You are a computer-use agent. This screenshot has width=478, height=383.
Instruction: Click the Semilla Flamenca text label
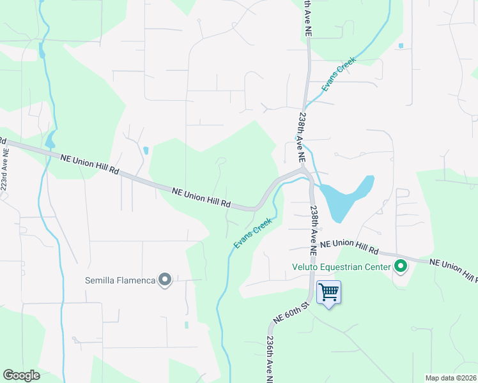coord(120,280)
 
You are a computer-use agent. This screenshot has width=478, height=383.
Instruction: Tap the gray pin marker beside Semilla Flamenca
coord(165,280)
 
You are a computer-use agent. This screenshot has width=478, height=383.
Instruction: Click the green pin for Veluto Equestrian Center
coord(401,266)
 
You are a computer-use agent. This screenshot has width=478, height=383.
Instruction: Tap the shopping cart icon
coord(328,293)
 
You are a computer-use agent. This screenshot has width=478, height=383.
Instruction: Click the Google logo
coord(21,375)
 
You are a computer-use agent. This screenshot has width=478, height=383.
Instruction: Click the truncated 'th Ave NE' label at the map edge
coord(307,17)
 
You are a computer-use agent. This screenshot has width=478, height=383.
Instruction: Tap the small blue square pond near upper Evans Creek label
coord(401,46)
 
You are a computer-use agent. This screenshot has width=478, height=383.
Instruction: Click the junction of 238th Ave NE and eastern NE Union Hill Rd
coord(313,243)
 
